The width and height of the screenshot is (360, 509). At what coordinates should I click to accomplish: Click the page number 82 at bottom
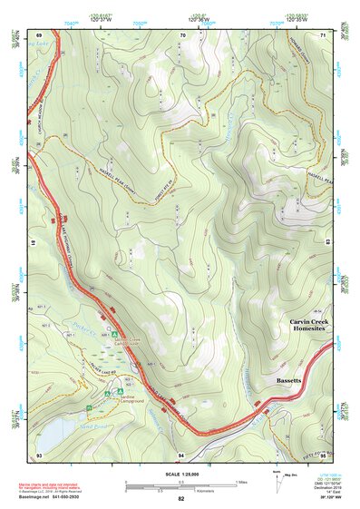(181, 499)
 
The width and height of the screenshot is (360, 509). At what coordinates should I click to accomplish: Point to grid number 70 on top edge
(181, 34)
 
